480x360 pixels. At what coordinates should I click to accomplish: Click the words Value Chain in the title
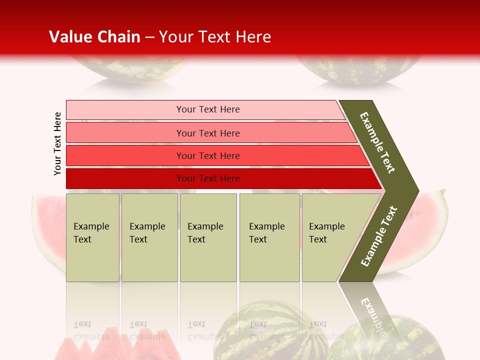click(94, 37)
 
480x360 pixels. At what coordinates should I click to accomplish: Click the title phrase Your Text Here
click(215, 37)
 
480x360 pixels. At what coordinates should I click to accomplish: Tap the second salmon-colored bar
click(208, 133)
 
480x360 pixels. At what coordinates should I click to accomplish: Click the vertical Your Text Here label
click(57, 143)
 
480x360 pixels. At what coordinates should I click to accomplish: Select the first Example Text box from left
click(92, 237)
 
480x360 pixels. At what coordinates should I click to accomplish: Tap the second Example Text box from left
click(149, 237)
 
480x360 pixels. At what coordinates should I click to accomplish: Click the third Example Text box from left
click(208, 237)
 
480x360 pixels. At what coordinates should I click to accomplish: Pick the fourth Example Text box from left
click(269, 237)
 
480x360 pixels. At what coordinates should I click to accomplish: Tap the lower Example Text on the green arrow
click(379, 236)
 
